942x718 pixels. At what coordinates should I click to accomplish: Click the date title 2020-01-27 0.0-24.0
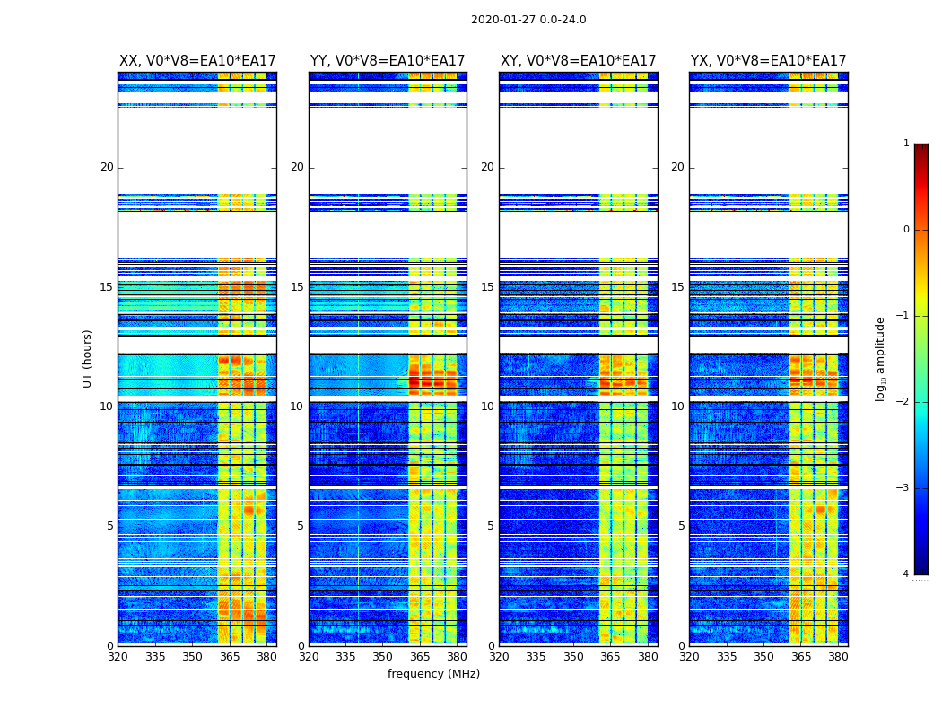(x=528, y=20)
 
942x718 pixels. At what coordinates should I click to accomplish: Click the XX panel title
(x=197, y=61)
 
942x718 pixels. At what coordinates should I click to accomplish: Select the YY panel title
(x=388, y=61)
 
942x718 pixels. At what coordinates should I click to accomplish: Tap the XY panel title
(x=578, y=61)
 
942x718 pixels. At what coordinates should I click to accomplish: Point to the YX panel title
(x=768, y=61)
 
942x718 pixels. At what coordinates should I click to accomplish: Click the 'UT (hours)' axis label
(x=88, y=358)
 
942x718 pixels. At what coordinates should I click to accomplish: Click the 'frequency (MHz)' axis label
(x=433, y=674)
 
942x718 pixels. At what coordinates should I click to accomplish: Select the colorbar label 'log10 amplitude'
(x=881, y=358)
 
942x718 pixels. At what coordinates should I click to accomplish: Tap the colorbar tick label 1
(x=906, y=144)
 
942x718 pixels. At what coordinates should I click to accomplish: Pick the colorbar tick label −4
(x=903, y=574)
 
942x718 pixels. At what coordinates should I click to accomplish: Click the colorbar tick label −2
(x=903, y=402)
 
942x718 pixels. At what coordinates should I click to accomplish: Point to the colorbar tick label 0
(x=906, y=230)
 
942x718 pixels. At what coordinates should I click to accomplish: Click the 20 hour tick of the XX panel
(x=107, y=167)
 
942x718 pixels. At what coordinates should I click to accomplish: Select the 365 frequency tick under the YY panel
(x=420, y=657)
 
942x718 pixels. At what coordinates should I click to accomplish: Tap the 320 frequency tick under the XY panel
(x=500, y=657)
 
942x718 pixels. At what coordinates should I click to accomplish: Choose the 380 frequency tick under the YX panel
(x=838, y=657)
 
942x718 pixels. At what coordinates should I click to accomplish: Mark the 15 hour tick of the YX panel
(x=677, y=287)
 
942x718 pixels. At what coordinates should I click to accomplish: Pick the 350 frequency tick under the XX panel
(x=192, y=657)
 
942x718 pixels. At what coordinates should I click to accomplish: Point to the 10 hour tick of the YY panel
(x=297, y=407)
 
